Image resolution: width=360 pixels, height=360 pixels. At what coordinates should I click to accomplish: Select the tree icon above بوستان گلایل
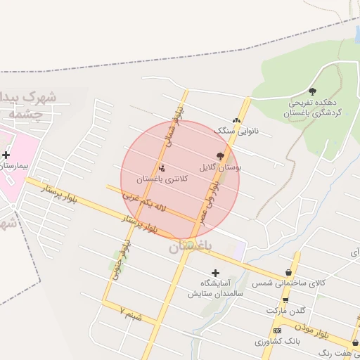tap(221, 156)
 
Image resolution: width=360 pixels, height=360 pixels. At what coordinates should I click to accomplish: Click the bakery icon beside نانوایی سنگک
tap(236, 120)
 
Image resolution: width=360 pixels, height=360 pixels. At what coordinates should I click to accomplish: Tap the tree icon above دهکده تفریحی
tap(312, 91)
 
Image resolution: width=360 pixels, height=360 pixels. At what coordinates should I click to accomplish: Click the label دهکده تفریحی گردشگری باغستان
tap(313, 108)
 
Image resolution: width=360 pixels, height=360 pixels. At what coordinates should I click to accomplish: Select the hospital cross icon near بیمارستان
tap(6, 155)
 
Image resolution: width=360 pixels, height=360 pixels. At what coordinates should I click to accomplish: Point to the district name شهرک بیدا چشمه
tap(28, 103)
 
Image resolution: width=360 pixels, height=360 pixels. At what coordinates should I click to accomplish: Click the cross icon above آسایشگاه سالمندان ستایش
tap(215, 272)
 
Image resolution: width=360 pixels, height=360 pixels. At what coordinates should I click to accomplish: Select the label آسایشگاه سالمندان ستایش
tap(215, 288)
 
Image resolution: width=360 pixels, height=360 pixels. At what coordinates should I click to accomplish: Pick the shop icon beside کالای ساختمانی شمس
tap(288, 272)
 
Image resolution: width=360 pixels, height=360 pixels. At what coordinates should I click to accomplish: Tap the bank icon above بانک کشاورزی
tap(277, 330)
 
